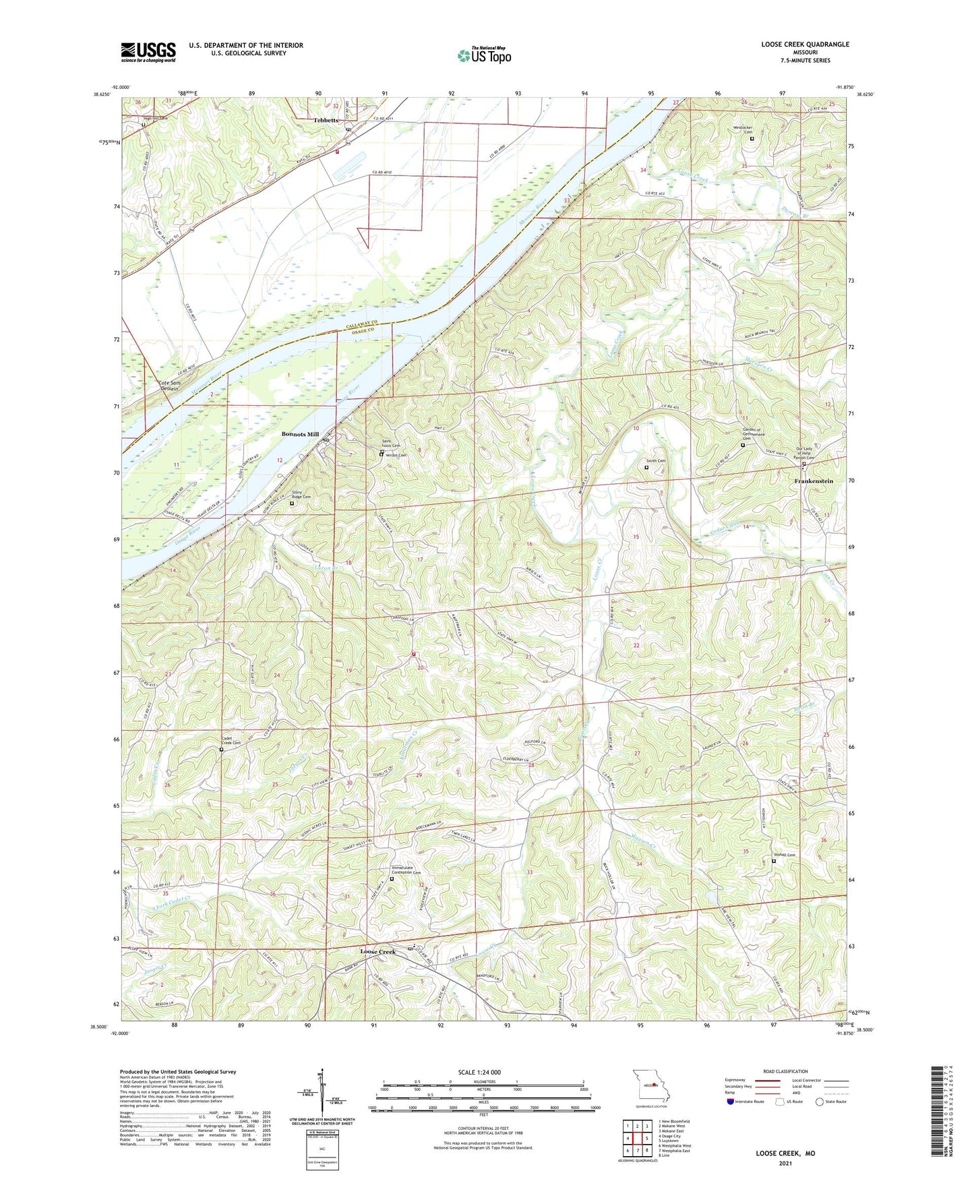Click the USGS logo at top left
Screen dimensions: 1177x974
point(148,51)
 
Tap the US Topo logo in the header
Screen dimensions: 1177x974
point(484,55)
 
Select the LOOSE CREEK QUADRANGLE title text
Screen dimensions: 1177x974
point(805,44)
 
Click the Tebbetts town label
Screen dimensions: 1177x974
point(326,120)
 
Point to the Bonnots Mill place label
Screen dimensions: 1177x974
point(300,434)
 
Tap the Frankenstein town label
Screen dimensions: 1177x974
point(814,481)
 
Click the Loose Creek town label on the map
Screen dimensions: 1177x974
point(377,951)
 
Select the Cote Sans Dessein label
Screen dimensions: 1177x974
point(169,386)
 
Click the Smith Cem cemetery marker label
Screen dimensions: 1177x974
point(656,461)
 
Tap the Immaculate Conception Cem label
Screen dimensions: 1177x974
point(406,870)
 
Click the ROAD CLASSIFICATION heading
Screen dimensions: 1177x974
point(785,1071)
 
